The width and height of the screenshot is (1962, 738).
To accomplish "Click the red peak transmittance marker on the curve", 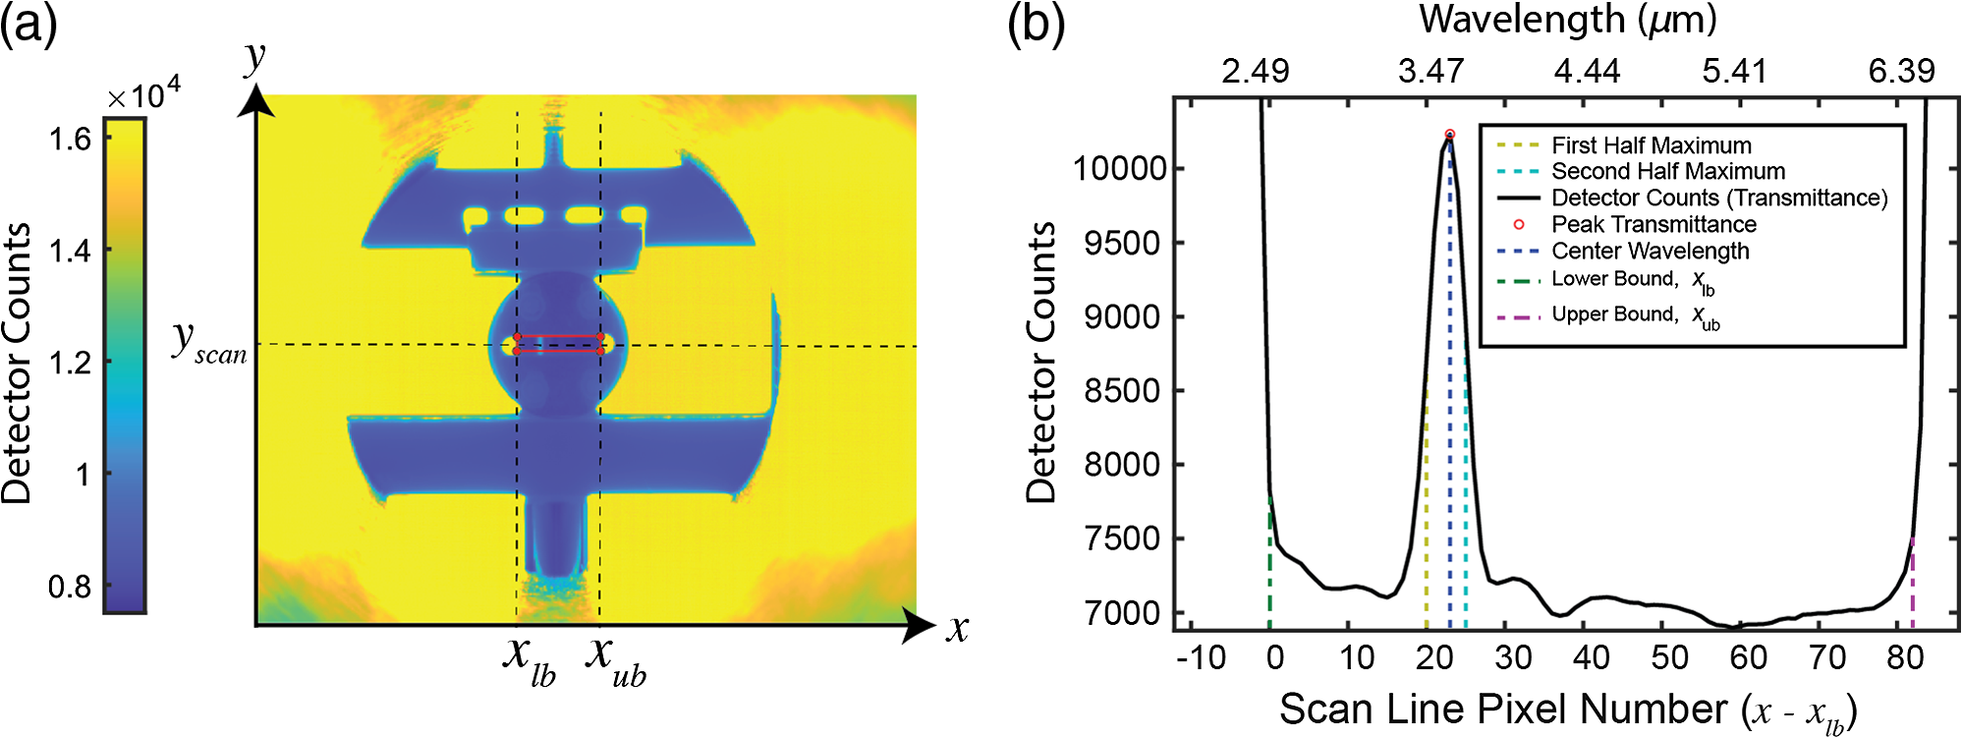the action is [x=1449, y=135].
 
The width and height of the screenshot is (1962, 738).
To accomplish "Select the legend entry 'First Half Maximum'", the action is [x=1623, y=145].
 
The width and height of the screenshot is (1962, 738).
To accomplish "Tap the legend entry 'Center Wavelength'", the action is [x=1622, y=252].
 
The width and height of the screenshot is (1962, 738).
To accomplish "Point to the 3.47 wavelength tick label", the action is [x=1431, y=71].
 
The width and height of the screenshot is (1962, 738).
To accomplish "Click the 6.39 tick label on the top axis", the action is [x=1902, y=71].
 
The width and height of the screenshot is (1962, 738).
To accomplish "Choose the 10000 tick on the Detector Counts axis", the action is [x=1120, y=168].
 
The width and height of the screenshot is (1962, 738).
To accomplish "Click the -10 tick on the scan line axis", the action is [x=1202, y=657].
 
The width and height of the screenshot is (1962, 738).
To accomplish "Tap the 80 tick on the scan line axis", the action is [x=1904, y=657].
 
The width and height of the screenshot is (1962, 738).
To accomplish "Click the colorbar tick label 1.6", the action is [x=71, y=139].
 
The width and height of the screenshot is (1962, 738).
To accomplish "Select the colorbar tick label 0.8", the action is [x=71, y=587].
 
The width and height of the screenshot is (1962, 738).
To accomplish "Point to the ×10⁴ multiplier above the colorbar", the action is [x=143, y=93].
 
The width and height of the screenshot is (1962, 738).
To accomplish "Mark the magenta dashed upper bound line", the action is [x=1912, y=584].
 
